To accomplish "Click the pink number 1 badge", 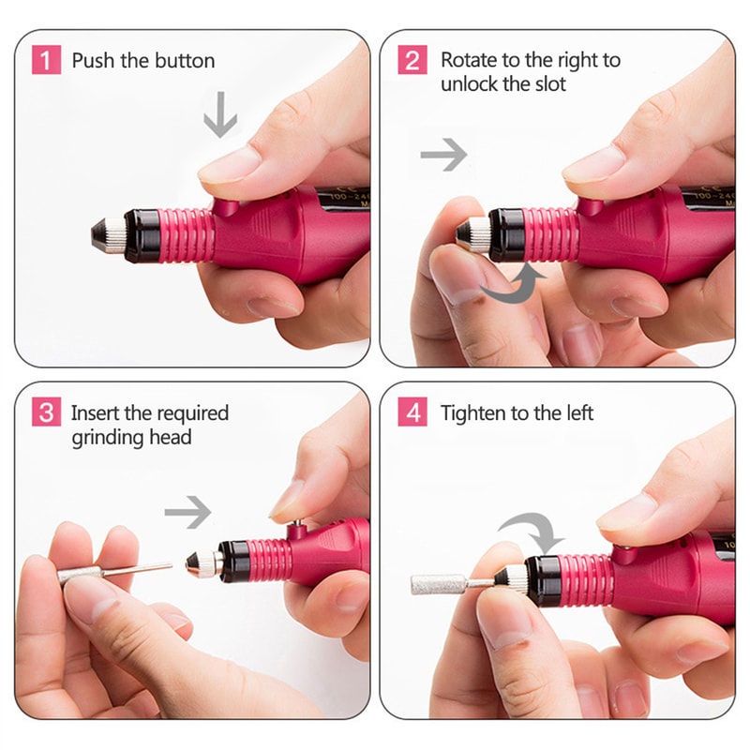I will point(46,61).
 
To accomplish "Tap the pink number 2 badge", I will point(412,61).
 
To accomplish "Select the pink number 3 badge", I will point(46,412).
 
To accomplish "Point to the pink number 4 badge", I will point(412,412).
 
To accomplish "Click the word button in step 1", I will point(184,61).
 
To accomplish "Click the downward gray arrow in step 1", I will point(220,116).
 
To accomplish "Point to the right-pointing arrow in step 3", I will point(187,512).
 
